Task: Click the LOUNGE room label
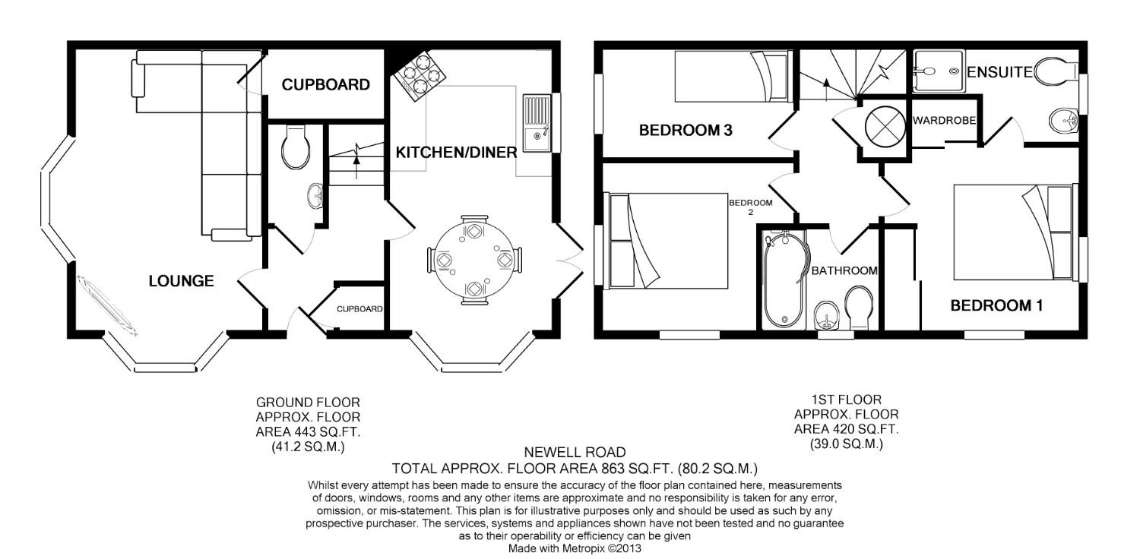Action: [x=181, y=281]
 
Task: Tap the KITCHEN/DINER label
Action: [x=456, y=152]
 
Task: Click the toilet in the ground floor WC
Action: [x=295, y=147]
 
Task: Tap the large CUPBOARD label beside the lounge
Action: [x=325, y=84]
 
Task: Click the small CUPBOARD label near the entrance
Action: [x=359, y=309]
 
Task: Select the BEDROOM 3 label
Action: [x=685, y=131]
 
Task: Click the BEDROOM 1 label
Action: [x=996, y=306]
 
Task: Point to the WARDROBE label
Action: [x=944, y=121]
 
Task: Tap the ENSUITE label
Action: [x=999, y=72]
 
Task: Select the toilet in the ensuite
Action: [x=1056, y=71]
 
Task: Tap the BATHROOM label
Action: [x=844, y=270]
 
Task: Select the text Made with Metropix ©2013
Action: [x=575, y=548]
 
